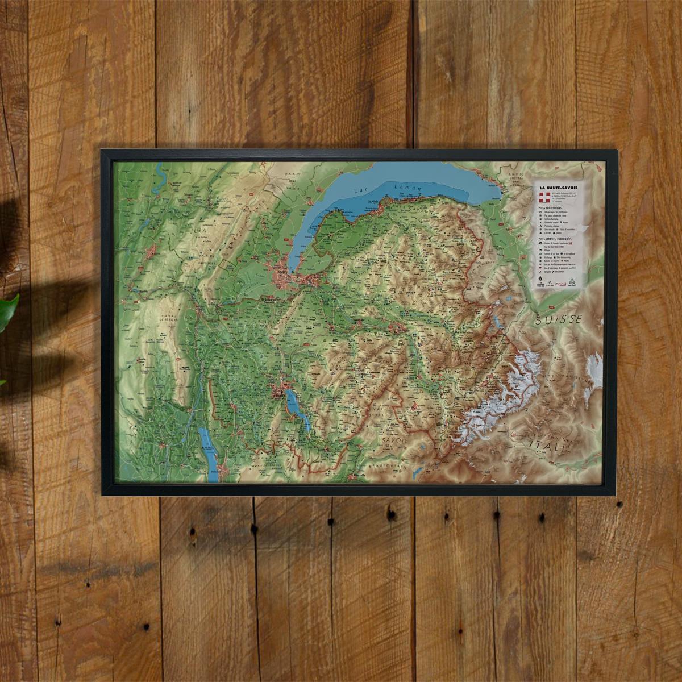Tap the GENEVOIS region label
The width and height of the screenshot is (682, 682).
click(x=259, y=322)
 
